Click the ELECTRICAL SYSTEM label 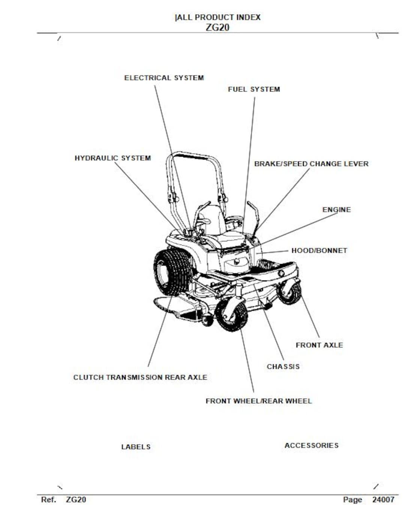tap(164, 78)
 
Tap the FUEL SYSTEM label tap(254, 89)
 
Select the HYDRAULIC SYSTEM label tap(112, 158)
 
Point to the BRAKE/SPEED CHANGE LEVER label tap(311, 164)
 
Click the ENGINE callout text tap(336, 210)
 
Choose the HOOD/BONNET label tap(319, 250)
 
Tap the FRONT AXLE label tap(319, 345)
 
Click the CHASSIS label tap(283, 367)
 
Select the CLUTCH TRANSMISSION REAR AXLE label tap(140, 377)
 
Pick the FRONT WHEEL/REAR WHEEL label tap(258, 401)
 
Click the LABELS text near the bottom tap(136, 447)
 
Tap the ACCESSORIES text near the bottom tap(311, 445)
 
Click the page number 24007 tap(383, 499)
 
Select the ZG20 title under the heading tap(217, 27)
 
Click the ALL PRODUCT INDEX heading tap(218, 17)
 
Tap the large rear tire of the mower tap(171, 271)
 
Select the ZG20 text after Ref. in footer tap(76, 499)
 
